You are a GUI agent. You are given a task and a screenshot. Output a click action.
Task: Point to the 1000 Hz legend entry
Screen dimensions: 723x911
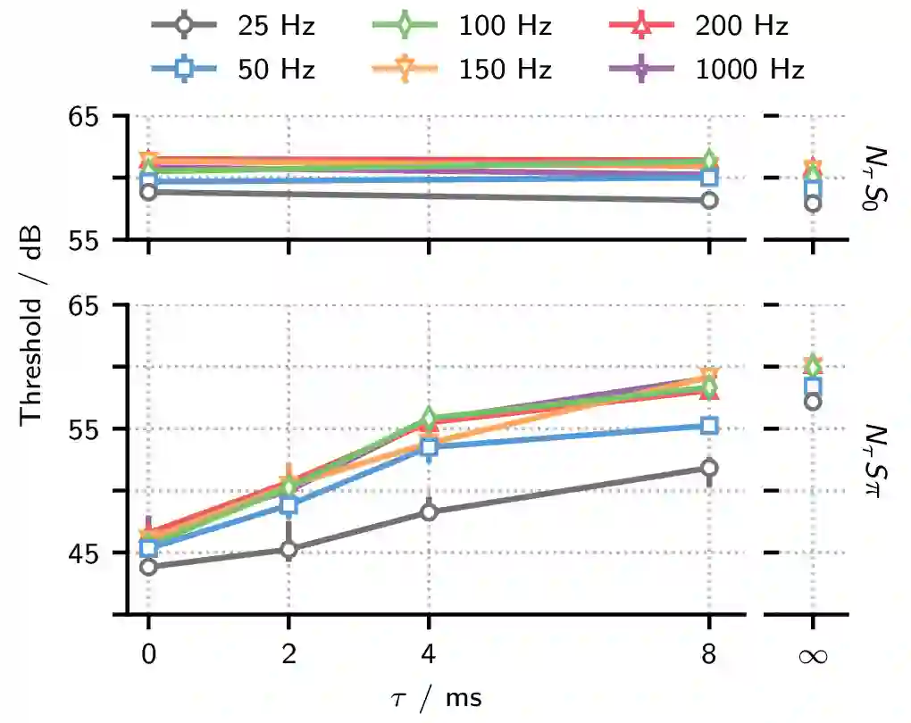tap(705, 69)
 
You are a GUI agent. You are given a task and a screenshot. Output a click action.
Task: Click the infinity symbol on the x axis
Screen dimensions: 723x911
tap(813, 656)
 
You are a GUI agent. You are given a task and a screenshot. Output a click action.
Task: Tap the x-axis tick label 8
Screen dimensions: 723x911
tap(709, 656)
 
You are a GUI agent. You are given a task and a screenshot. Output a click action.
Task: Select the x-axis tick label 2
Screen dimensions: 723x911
tap(288, 656)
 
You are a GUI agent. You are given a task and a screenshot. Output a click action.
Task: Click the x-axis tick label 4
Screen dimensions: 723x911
tap(429, 656)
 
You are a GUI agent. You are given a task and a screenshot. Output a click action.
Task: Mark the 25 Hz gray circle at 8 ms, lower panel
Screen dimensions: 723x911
tap(709, 468)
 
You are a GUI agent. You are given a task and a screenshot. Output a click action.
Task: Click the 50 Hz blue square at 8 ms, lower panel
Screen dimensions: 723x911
tap(709, 426)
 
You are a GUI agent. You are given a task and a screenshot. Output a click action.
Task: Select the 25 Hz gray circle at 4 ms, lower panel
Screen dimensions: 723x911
tap(429, 511)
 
